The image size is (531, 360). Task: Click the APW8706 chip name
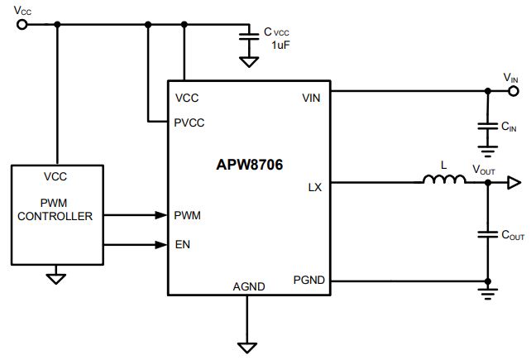[x=249, y=165]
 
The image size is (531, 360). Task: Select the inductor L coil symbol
[x=444, y=180]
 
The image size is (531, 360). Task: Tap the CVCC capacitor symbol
[x=249, y=36]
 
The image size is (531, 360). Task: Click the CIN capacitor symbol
[x=488, y=126]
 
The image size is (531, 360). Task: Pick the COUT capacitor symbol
[x=488, y=234]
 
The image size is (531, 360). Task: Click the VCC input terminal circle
[x=22, y=24]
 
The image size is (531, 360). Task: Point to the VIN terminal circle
[x=514, y=91]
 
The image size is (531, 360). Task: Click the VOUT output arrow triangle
[x=514, y=183]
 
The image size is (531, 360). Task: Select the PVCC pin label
[x=189, y=122]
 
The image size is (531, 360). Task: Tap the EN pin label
[x=183, y=244]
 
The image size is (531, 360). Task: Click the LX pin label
[x=314, y=188]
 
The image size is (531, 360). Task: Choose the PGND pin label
[x=309, y=280]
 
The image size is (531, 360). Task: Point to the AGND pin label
[x=249, y=287]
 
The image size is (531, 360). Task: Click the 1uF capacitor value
[x=280, y=45]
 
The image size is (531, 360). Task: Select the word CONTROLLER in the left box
[x=55, y=216]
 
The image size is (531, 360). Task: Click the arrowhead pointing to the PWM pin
[x=160, y=215]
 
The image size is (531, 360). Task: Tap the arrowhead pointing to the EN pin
[x=160, y=244]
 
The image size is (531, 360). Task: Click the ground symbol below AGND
[x=247, y=348]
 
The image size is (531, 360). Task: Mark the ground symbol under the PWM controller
[x=56, y=279]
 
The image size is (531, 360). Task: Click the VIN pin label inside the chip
[x=311, y=98]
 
